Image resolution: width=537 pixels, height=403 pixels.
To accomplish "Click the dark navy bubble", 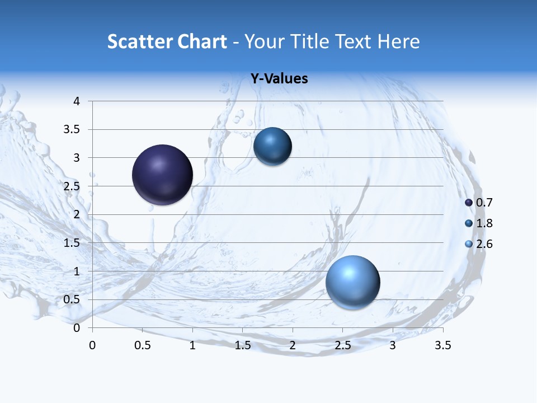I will coord(163,175).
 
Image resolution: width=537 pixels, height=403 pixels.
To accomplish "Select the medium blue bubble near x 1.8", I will coord(272,147).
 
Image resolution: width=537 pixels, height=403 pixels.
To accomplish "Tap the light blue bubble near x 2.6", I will coord(353,282).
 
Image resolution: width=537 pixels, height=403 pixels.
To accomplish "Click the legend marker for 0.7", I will coord(469,203).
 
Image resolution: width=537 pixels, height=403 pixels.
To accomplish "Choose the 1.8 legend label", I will coord(484,223).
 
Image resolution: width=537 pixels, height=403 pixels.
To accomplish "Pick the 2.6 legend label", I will coord(484,244).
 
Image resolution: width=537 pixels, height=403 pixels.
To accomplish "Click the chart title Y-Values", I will coord(279,79).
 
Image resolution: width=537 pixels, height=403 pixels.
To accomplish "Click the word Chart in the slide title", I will coord(202,41).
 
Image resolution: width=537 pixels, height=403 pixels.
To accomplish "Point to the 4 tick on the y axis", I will coord(77,101).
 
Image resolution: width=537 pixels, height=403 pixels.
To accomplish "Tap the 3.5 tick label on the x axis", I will coord(443,345).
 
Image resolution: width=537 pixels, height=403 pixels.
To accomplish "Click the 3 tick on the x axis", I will coord(393,345).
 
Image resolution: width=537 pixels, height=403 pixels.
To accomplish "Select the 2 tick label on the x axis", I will coord(293,345).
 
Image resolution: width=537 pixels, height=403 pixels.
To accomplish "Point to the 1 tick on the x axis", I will coord(192,345).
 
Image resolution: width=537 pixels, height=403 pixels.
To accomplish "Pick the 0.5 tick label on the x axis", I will coord(143,345).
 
